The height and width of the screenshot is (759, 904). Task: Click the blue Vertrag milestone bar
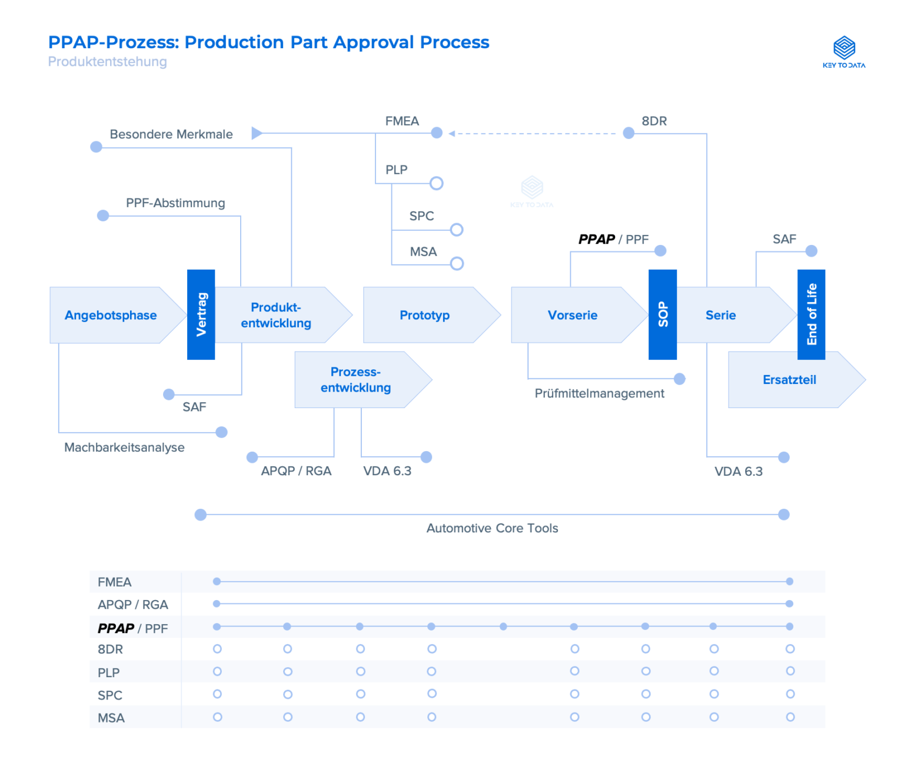pos(201,314)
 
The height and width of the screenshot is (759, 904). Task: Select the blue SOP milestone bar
pos(662,314)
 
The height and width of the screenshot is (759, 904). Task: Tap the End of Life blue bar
pos(811,314)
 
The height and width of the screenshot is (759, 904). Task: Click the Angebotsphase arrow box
pos(111,315)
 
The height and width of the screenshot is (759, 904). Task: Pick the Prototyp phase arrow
pos(424,315)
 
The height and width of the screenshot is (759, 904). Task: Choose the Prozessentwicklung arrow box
pos(355,380)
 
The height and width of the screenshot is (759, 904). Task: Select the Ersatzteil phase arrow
pos(789,380)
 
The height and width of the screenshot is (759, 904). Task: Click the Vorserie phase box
pos(572,315)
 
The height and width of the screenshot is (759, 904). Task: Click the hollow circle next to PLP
pos(436,183)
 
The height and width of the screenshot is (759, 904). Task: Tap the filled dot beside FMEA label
pos(436,132)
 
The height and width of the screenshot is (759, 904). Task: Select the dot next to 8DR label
pos(629,133)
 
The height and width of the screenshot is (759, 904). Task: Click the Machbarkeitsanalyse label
pos(124,448)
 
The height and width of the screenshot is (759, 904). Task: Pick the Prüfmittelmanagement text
pos(599,393)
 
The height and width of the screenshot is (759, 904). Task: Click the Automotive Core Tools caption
pos(492,528)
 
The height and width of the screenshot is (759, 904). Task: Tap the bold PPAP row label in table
pos(116,628)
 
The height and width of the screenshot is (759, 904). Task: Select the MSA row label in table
pos(111,718)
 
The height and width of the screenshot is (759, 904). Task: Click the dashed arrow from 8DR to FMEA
pos(533,134)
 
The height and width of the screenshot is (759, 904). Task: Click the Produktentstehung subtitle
pos(107,62)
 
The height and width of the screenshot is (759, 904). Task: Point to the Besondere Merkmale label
pos(171,134)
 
